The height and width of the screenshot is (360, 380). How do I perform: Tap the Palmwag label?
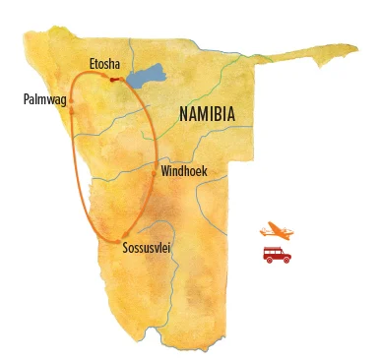[x=44, y=99]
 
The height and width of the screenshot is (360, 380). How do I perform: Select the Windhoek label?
[x=184, y=171]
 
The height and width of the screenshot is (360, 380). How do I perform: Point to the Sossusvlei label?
[x=147, y=249]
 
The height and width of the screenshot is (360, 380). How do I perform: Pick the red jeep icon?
[x=277, y=255]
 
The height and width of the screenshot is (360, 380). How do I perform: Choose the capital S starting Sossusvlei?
[x=125, y=249]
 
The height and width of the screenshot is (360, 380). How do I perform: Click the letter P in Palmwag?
[x=26, y=98]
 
